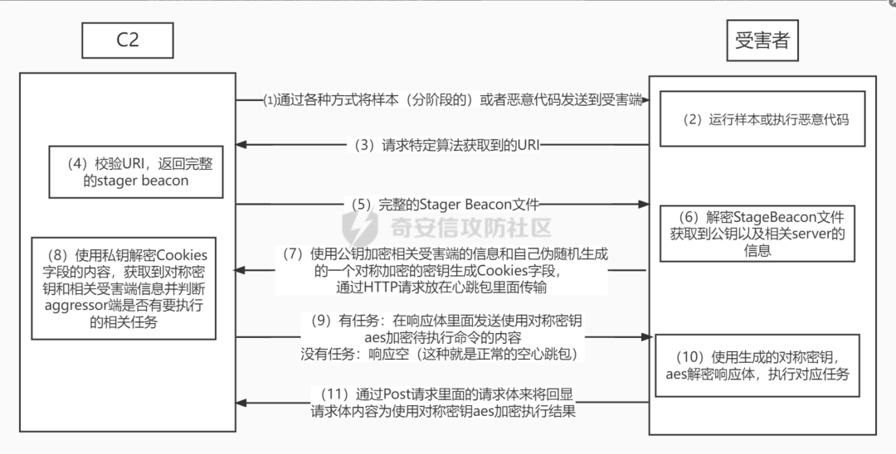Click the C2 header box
(x=127, y=40)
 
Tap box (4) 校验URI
(x=135, y=172)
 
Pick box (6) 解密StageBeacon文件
(x=757, y=233)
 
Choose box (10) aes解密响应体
(x=757, y=365)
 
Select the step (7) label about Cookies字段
(x=441, y=270)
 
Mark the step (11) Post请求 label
(x=442, y=402)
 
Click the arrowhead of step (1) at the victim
(x=644, y=99)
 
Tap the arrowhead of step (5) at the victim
(x=644, y=204)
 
